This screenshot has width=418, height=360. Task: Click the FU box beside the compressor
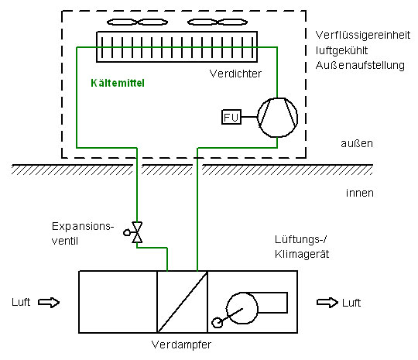231,117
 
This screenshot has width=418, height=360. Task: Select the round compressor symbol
277,118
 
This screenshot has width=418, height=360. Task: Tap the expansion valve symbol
137,232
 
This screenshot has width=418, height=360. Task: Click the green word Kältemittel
118,83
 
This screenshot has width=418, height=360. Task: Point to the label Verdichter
235,74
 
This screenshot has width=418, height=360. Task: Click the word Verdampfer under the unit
181,345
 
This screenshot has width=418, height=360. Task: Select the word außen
357,143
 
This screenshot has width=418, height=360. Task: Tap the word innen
360,193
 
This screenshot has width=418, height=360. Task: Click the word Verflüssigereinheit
363,35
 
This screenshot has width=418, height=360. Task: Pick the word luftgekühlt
342,50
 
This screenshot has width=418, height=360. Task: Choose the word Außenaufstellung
360,65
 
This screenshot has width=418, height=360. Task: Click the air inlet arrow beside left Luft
49,303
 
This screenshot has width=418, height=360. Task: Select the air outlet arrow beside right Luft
327,303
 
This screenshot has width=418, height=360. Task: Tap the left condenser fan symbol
137,22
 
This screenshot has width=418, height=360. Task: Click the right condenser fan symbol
218,22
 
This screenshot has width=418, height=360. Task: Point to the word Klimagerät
302,254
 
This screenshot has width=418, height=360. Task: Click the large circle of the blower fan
242,308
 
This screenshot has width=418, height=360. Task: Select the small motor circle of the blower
217,323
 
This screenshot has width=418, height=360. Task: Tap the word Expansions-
83,227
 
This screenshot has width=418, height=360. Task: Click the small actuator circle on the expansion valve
127,232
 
